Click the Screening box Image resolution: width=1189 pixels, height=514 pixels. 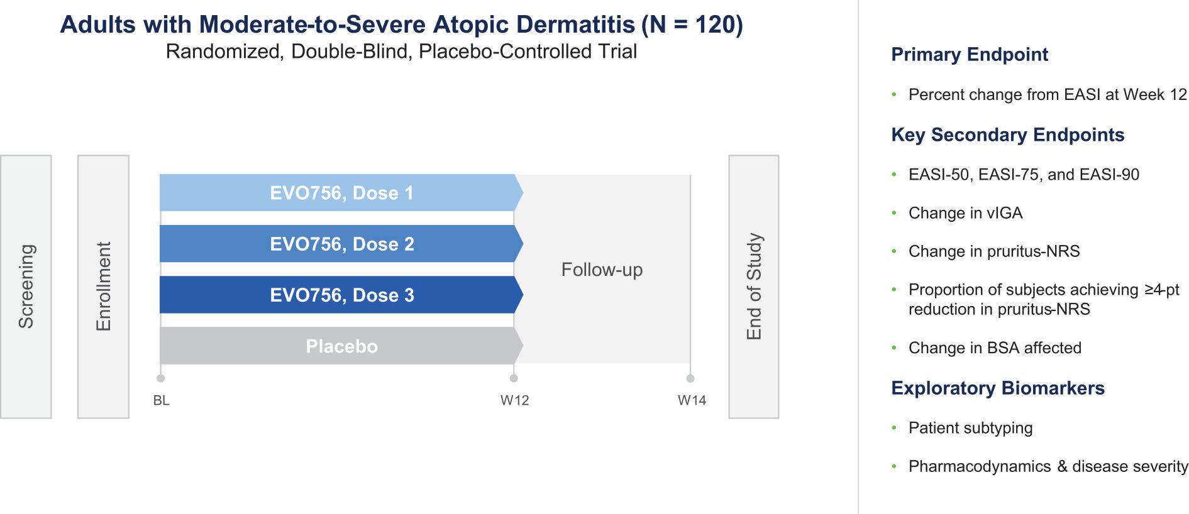[26, 287]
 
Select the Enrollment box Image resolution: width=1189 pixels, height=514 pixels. [103, 287]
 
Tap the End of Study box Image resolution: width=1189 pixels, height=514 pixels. [754, 287]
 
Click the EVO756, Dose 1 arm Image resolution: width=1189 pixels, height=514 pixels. [341, 193]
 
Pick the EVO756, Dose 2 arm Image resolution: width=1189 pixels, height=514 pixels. [341, 244]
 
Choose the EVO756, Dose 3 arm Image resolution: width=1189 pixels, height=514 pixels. [341, 295]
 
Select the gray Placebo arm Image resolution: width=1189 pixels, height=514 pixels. [341, 346]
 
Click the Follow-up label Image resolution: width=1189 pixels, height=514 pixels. [602, 270]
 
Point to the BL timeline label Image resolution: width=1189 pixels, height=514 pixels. [161, 400]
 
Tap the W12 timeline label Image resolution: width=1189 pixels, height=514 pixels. [514, 400]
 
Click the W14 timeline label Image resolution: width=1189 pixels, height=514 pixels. [692, 400]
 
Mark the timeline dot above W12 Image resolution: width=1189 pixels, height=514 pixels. [514, 378]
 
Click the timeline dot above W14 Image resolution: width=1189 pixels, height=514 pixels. [690, 378]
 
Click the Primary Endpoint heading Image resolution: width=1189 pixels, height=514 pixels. [970, 55]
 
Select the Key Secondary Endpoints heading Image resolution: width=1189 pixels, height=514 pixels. [1008, 134]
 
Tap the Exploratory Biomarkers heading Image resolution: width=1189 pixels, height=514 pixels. [998, 388]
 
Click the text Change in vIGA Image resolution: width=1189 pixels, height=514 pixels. [965, 213]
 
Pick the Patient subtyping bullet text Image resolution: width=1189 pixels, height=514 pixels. [970, 428]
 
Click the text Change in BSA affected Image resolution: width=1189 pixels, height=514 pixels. [995, 347]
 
